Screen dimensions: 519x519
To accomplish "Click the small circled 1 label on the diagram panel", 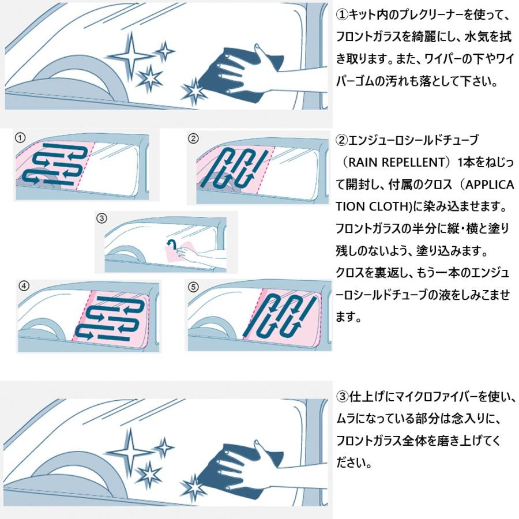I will [x=20, y=137].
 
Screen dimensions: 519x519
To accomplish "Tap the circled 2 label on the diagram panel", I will [x=194, y=138].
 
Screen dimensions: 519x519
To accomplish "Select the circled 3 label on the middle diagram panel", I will [x=102, y=219].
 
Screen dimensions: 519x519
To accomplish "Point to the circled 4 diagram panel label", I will [x=24, y=285].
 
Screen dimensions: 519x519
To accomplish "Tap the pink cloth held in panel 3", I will [x=186, y=252].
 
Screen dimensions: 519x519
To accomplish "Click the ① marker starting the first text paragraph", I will [x=341, y=13].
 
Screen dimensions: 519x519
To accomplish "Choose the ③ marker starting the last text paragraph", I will [x=341, y=396].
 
